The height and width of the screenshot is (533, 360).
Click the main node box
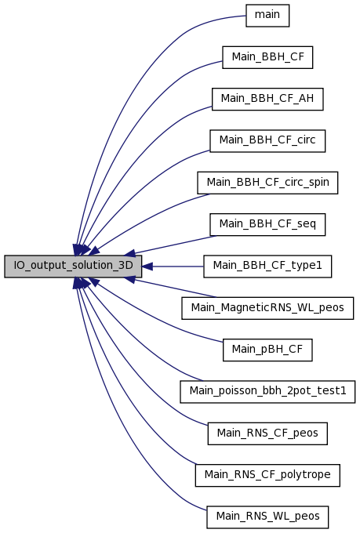click(x=267, y=16)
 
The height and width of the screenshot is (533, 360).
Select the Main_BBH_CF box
click(x=267, y=57)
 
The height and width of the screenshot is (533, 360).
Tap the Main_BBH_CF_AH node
click(x=267, y=99)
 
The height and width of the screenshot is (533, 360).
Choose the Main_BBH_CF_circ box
click(x=267, y=141)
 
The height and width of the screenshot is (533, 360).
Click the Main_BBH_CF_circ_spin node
click(x=267, y=183)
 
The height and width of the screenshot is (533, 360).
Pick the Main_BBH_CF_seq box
click(x=267, y=224)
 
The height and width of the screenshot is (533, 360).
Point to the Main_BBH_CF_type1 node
click(x=267, y=266)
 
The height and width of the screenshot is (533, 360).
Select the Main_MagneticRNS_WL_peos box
click(x=267, y=308)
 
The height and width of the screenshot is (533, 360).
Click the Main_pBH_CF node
click(x=267, y=350)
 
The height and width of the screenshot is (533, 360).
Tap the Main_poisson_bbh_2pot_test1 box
click(x=267, y=392)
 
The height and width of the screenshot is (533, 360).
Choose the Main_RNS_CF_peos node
click(x=267, y=433)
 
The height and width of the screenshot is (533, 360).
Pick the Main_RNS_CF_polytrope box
click(x=267, y=475)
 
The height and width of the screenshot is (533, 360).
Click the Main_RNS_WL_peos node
click(x=267, y=517)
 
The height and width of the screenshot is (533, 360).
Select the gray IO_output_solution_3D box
click(x=73, y=266)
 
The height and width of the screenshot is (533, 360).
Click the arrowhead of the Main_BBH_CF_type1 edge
click(x=147, y=266)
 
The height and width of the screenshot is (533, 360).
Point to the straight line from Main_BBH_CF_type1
click(x=178, y=266)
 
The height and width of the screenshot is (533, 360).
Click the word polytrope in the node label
click(x=306, y=475)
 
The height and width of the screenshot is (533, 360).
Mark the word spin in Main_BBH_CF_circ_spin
click(x=319, y=183)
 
